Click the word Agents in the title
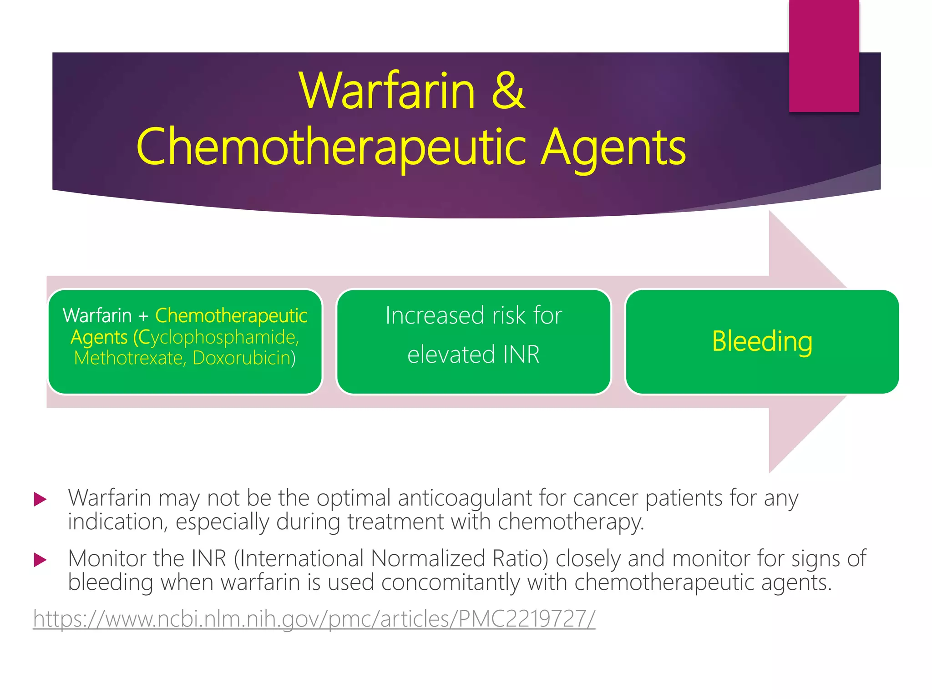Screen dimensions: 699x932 coord(613,148)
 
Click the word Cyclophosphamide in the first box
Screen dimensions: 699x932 coord(218,337)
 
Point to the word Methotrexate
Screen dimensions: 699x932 coord(128,358)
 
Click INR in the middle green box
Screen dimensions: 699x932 coord(521,355)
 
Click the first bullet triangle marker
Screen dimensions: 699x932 coord(41,500)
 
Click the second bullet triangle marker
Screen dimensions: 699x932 coord(41,560)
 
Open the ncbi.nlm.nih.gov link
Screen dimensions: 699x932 coord(314,619)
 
